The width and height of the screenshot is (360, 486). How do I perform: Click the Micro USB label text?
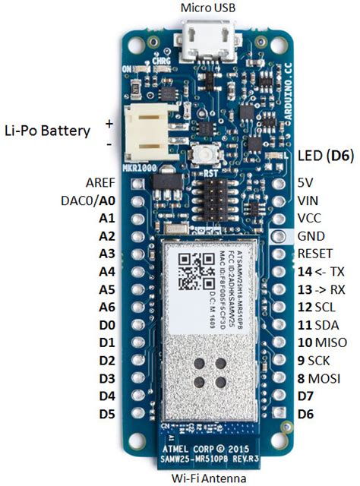coord(207,8)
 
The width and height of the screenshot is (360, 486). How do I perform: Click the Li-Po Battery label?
coord(47,130)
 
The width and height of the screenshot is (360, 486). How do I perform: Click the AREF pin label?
coord(99,183)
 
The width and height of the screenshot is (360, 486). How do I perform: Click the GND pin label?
coord(311,236)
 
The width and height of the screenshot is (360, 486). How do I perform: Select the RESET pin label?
coord(315,254)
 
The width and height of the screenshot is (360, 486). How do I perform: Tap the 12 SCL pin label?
coord(314,307)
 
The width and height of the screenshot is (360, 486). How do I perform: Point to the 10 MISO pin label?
coord(317,342)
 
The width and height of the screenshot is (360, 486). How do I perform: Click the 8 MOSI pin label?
coord(317,378)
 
